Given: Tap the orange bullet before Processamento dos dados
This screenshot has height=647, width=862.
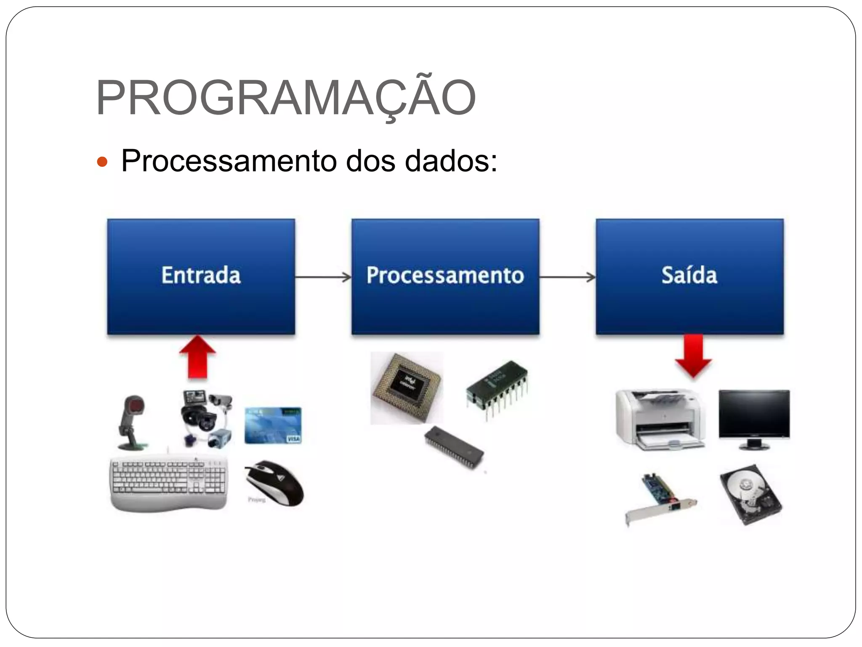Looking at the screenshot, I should (x=102, y=162).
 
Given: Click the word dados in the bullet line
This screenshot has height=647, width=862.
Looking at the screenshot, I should (x=450, y=161).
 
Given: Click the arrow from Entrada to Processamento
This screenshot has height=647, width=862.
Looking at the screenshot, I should (x=323, y=277).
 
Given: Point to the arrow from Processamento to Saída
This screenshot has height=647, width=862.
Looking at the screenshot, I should (x=567, y=277).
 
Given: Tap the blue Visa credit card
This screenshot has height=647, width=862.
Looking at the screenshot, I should (x=273, y=425).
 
